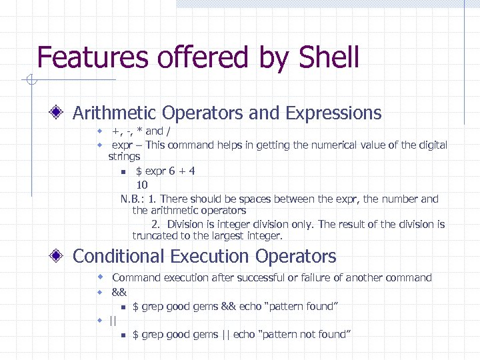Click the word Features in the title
tap(94, 58)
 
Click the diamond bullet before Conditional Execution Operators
tap(60, 256)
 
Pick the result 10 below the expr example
tap(142, 184)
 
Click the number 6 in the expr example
tap(171, 171)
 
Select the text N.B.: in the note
tap(133, 199)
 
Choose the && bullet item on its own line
tap(119, 292)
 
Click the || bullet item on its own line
tap(112, 321)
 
